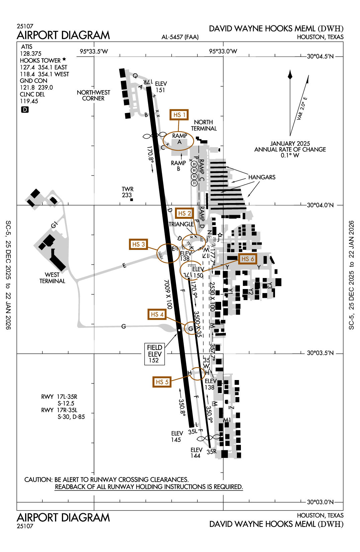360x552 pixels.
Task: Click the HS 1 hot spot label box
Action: coord(179,115)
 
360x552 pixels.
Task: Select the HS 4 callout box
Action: coord(157,314)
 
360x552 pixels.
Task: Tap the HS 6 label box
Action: coord(248,259)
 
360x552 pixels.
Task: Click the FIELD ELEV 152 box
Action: coord(155,354)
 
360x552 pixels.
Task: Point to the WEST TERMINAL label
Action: coord(52,278)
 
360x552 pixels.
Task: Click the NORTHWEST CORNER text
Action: coord(93,95)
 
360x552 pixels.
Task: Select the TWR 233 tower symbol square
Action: coord(131,200)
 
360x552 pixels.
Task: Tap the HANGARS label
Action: coord(262,177)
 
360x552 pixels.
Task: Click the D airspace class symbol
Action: coord(25,110)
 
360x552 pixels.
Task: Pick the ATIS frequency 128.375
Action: coord(30,54)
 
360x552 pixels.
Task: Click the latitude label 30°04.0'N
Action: coord(320,205)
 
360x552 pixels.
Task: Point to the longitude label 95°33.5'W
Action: coord(94,52)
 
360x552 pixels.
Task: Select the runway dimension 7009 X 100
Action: coord(168,294)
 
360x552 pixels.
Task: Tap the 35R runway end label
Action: coord(211,452)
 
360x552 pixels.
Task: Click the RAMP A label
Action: coord(180,139)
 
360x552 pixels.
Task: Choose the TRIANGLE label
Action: coord(181,224)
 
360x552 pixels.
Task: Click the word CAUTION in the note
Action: coord(38,480)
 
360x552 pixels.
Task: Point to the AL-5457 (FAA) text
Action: coord(180,37)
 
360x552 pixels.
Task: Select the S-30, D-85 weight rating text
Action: coord(71,417)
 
